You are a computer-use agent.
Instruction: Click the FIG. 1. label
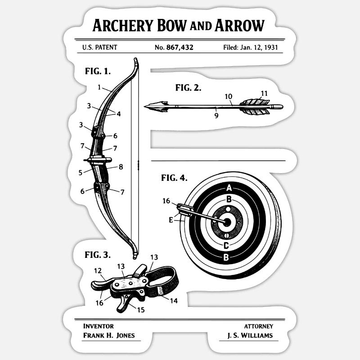click(x=98, y=71)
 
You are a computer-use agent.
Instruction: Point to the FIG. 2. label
click(x=188, y=88)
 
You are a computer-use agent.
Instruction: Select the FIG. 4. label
click(x=174, y=178)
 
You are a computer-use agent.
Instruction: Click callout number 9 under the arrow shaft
click(x=216, y=116)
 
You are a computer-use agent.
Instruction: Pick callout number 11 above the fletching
click(x=264, y=94)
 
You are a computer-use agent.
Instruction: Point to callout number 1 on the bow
click(x=99, y=87)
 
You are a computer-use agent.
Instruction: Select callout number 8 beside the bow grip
click(x=121, y=167)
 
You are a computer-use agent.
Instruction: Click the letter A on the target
click(x=229, y=188)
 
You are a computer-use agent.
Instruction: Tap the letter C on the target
click(x=226, y=245)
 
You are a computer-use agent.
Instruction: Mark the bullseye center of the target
click(x=227, y=221)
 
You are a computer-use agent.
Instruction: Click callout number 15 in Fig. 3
click(x=141, y=310)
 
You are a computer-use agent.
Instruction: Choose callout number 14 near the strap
click(x=174, y=301)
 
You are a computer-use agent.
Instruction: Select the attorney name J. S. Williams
click(x=250, y=335)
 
